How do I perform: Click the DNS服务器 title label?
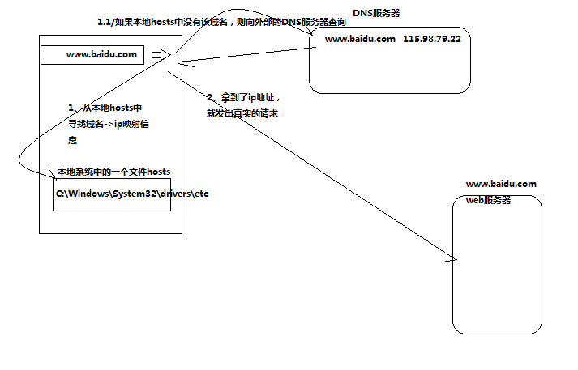[x=376, y=15]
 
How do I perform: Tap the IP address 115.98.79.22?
[x=437, y=39]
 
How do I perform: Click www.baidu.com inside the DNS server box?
[x=360, y=39]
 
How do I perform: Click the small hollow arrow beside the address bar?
[x=161, y=55]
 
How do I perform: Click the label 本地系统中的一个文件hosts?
[x=113, y=172]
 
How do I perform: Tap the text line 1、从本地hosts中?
[x=105, y=108]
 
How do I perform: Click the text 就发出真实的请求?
[x=242, y=113]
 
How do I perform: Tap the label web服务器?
[x=488, y=200]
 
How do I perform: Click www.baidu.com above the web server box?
[x=500, y=185]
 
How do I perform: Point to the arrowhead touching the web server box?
[x=451, y=259]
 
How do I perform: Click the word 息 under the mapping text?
[x=73, y=139]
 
